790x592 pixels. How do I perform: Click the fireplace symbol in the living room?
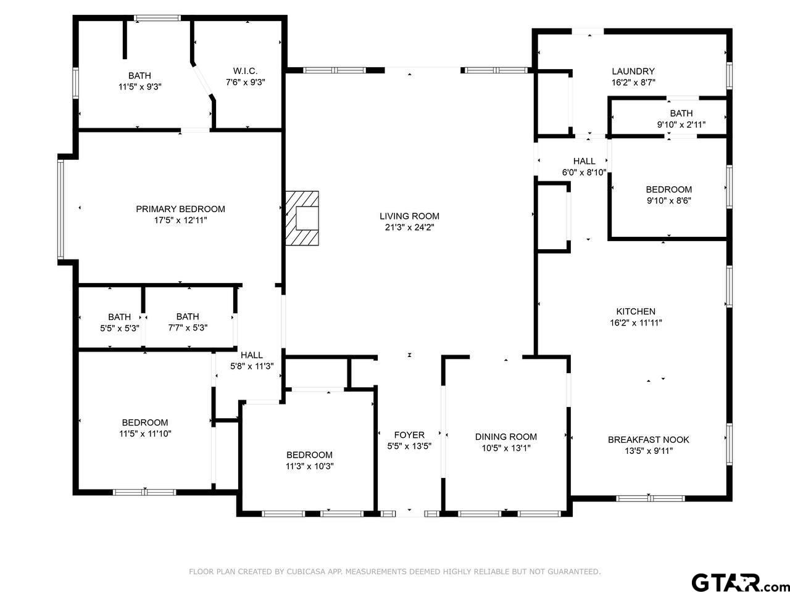[302, 218]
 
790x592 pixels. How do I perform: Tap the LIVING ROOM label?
[409, 216]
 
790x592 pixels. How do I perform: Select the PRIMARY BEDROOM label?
[180, 209]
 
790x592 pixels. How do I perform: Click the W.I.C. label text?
[245, 71]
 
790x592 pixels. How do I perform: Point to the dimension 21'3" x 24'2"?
[409, 227]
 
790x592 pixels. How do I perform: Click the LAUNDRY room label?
[633, 71]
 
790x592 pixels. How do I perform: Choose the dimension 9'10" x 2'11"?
[681, 125]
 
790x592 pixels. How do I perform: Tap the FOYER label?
[409, 435]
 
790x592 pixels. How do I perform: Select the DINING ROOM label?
[505, 437]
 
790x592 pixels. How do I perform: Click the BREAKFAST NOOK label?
[648, 440]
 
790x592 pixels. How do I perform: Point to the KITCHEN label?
[636, 311]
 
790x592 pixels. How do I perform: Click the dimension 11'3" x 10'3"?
[310, 466]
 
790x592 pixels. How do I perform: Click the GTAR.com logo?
[741, 582]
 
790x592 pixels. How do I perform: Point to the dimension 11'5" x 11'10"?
[145, 434]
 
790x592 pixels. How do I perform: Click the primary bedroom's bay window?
[60, 209]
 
